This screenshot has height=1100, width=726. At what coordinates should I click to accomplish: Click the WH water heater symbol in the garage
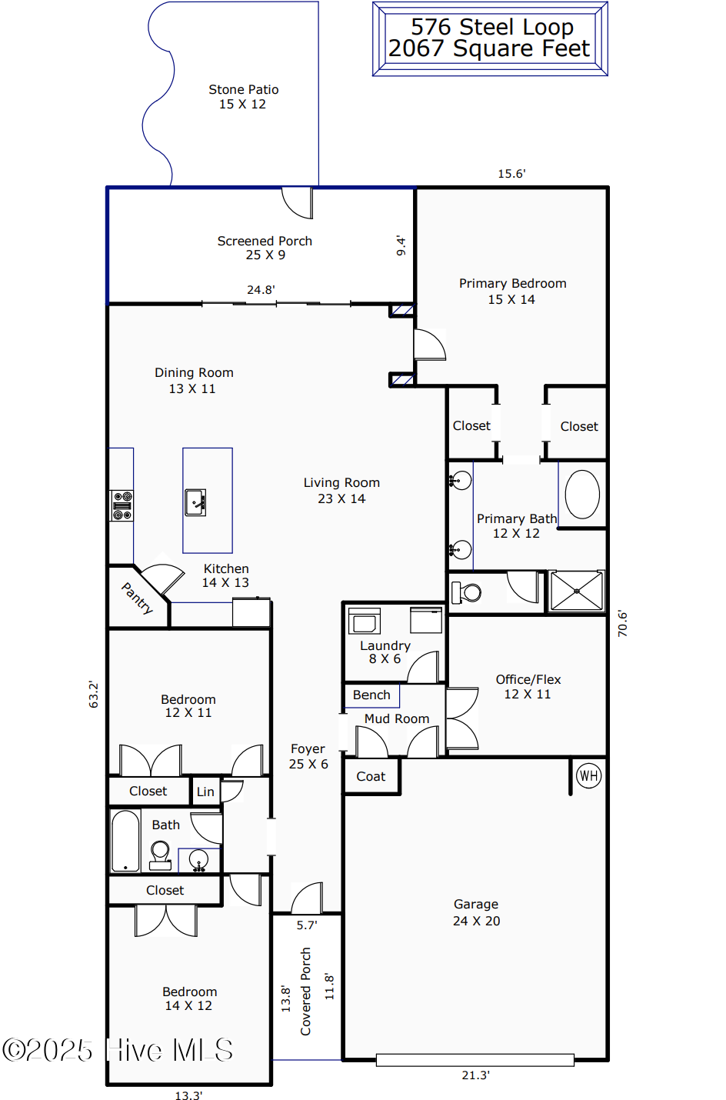tap(588, 775)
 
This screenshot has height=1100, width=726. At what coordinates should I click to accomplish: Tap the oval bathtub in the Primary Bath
tap(582, 495)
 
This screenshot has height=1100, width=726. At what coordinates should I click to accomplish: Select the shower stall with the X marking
tap(577, 592)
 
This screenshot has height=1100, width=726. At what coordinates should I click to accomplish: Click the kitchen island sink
tap(195, 502)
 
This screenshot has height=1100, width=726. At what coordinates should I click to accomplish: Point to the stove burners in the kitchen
tap(122, 505)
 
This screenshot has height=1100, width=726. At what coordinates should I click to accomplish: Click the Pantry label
tap(138, 598)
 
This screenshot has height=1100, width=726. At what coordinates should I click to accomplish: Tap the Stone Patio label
tap(243, 90)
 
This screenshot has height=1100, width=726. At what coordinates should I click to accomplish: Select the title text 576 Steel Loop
tap(491, 27)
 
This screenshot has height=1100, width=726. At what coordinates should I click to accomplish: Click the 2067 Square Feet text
tap(489, 49)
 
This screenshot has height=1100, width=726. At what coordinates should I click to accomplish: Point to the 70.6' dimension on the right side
tap(622, 623)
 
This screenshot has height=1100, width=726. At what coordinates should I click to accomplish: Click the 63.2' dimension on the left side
tap(94, 694)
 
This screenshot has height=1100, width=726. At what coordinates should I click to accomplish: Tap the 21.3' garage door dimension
tap(475, 1075)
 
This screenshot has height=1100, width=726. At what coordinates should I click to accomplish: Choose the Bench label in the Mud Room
tap(371, 695)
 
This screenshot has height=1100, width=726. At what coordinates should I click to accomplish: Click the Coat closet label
tap(371, 777)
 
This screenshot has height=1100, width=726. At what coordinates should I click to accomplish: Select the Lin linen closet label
tap(205, 792)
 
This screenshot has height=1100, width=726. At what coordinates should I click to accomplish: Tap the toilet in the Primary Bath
tap(466, 592)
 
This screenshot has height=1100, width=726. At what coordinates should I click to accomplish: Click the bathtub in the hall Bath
tap(125, 840)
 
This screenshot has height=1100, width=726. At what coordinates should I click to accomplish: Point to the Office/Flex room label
tap(528, 679)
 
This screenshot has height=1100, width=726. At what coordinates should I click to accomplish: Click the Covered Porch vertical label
tap(305, 992)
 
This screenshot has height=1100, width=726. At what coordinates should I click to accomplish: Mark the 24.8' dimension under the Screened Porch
tap(261, 290)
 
